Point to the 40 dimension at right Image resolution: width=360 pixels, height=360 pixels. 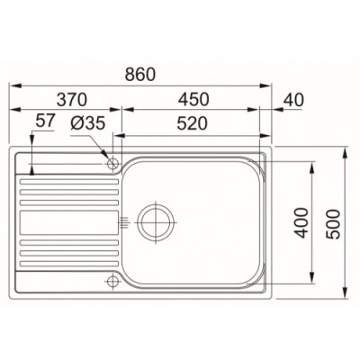293,99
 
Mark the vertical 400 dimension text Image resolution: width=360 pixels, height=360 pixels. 302,220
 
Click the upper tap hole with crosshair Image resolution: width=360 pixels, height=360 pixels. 112,162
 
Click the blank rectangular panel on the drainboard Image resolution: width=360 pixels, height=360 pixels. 68,220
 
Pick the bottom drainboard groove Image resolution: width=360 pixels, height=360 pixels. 68,266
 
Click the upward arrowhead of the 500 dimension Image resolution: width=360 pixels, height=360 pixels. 346,155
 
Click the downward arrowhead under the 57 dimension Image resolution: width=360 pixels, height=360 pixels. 33,167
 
